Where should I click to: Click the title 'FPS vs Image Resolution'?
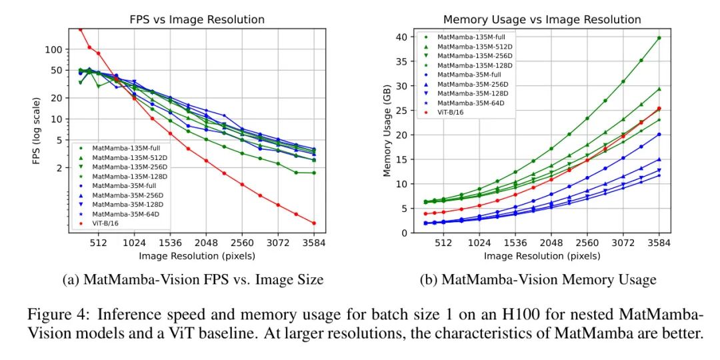coord(197,19)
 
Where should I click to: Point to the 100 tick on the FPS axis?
coord(54,49)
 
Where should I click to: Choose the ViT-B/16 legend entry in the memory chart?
coord(451,112)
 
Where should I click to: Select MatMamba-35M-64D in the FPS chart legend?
coord(127,214)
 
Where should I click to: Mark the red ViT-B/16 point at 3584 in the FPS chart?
coord(313,223)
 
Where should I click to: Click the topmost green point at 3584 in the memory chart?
coord(659,38)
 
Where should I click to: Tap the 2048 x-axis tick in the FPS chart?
coord(206,243)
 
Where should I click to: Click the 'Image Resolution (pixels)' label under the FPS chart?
coord(197,255)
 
